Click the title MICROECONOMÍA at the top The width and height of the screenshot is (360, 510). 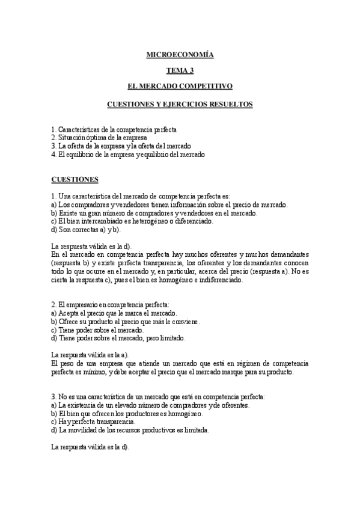(180, 55)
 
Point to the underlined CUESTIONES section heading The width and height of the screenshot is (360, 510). (75, 179)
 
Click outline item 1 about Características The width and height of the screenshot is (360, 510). (114, 129)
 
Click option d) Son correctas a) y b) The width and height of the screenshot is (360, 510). (86, 229)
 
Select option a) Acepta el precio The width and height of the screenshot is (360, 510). (114, 313)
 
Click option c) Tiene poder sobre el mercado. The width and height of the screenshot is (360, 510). (97, 330)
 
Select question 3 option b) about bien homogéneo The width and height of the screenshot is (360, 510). (127, 414)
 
